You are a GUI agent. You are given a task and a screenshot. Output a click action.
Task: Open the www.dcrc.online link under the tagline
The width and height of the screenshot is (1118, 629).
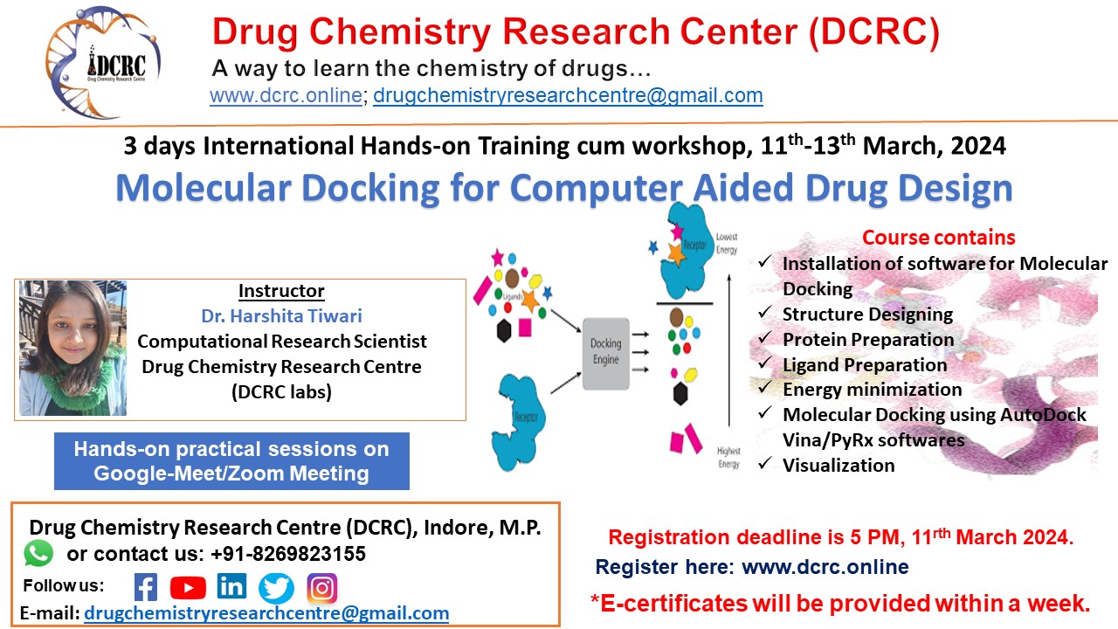coord(285,95)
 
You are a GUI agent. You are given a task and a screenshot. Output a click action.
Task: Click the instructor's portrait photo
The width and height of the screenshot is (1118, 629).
coord(73,348)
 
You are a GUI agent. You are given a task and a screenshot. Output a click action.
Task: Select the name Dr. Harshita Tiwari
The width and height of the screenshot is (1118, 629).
coord(281,316)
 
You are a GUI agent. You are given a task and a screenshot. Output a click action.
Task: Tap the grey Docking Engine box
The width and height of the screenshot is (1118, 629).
coord(605,352)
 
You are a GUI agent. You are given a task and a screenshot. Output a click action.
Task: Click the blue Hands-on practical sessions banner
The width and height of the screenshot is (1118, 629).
coord(231,461)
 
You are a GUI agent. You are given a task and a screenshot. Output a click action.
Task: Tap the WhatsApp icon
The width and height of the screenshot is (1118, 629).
coord(38,552)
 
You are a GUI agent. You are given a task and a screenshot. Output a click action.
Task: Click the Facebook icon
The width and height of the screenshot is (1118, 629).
coord(146,587)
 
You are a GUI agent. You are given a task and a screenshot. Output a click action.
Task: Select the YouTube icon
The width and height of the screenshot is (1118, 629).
coord(188,587)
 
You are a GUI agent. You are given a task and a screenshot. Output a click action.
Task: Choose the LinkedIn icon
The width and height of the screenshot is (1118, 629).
coord(232,586)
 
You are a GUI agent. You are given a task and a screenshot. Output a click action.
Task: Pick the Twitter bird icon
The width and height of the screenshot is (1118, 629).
coord(277,588)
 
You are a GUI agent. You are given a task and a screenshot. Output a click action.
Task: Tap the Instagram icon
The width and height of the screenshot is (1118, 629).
coord(321,588)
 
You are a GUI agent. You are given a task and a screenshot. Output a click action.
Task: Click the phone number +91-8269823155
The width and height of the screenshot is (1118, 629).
coord(288,554)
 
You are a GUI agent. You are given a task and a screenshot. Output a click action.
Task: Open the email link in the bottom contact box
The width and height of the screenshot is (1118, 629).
coord(266,613)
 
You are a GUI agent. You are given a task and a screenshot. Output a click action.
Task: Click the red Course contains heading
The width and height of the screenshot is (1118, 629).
coord(938,238)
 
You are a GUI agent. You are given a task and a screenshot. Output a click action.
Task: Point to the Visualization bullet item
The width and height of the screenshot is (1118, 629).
coord(838,465)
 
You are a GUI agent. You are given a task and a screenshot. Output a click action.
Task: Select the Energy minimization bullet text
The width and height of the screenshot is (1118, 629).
coord(872,390)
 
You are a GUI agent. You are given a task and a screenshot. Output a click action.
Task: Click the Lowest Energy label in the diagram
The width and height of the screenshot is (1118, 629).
coord(727,244)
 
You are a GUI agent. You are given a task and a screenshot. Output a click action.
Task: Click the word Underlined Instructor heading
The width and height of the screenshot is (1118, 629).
coord(281,291)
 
